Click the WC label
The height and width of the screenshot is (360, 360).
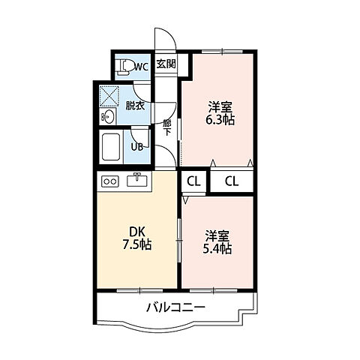click(142, 67)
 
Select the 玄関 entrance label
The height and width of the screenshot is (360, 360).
click(166, 64)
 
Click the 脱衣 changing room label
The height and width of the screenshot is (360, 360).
click(135, 106)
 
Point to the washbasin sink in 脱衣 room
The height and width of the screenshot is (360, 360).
click(108, 116)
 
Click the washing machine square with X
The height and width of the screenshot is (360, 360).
click(109, 96)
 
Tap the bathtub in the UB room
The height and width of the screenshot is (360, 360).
click(111, 147)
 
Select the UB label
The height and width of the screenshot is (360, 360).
click(137, 147)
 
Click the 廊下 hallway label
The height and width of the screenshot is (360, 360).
click(166, 127)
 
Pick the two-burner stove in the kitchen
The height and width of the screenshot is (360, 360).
click(109, 181)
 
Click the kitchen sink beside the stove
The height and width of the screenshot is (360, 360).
click(137, 180)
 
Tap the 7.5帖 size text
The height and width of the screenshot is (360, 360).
click(136, 244)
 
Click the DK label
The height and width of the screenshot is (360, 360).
click(137, 232)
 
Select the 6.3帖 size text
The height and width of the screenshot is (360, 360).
click(220, 120)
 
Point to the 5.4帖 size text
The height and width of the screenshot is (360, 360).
click(217, 249)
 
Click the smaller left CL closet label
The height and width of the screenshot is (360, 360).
click(193, 181)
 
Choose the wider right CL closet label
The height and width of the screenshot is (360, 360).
click(232, 181)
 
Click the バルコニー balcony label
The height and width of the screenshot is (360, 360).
click(175, 307)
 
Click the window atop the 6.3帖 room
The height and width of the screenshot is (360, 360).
click(222, 52)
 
